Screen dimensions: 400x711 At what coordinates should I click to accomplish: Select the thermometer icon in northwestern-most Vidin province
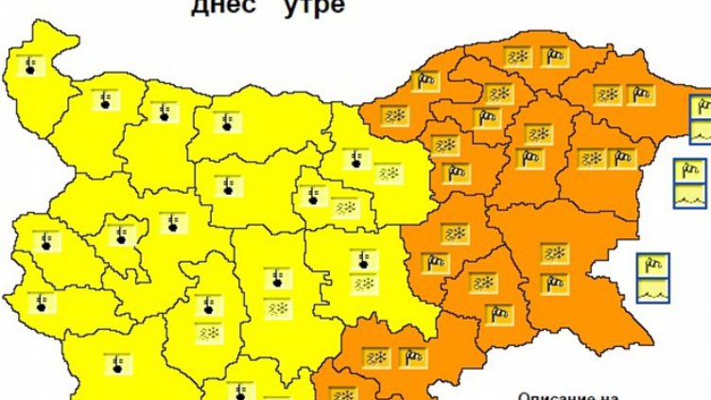coord(31,65)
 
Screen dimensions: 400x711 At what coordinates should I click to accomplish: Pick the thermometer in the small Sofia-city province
coord(119,234)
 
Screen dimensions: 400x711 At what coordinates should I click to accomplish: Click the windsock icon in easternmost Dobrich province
coord(642,94)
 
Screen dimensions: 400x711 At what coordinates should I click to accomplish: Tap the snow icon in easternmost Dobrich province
coord(606,94)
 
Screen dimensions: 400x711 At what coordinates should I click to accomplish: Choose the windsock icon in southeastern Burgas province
coord(555,281)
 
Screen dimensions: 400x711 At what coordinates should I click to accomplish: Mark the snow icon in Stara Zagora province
coord(363,284)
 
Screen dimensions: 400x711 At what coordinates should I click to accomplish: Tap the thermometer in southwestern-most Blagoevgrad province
coord(117,364)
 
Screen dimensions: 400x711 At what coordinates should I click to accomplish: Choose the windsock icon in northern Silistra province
coord(555,57)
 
